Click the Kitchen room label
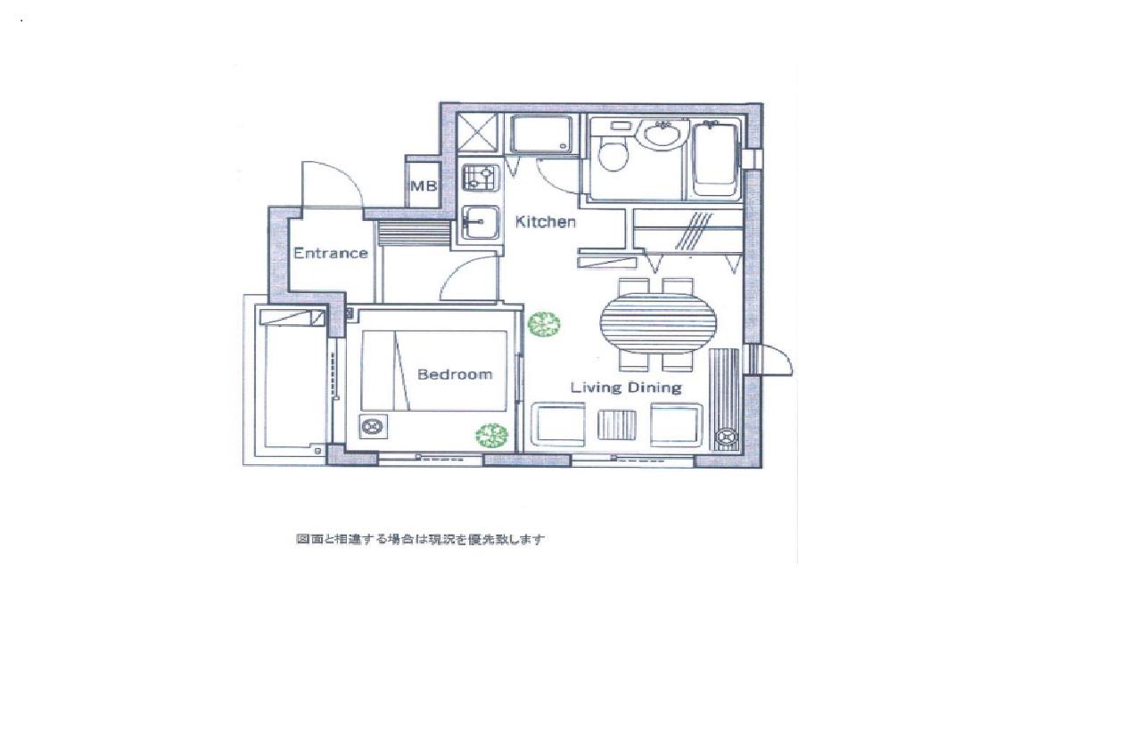(x=545, y=222)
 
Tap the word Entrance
(x=331, y=253)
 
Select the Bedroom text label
(x=455, y=374)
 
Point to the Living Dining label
(x=626, y=388)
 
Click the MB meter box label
(x=423, y=186)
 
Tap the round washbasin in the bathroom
(x=663, y=135)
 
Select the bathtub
(x=714, y=159)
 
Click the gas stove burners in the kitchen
(x=480, y=178)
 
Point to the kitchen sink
(x=481, y=223)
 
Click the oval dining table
(x=659, y=323)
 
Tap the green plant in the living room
(x=544, y=324)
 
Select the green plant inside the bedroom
(x=491, y=435)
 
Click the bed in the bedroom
(x=434, y=371)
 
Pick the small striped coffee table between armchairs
(x=617, y=425)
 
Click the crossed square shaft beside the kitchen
(x=477, y=133)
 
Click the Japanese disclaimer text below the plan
(x=420, y=539)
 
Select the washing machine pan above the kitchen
(x=542, y=135)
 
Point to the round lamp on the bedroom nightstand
(x=374, y=427)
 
